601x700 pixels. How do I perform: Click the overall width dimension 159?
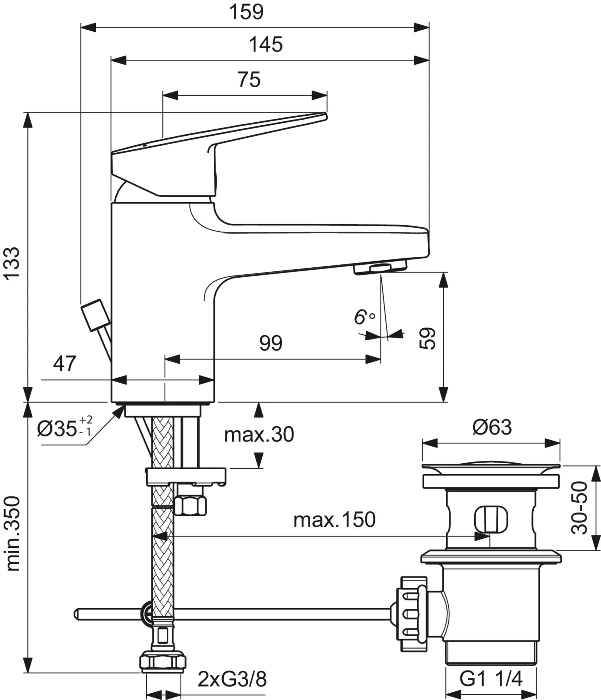tap(246, 12)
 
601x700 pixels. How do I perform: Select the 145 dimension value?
tap(266, 45)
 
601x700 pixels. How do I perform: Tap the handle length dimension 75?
tap(249, 80)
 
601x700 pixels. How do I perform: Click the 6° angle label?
tap(364, 317)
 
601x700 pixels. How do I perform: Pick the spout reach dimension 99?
tap(271, 343)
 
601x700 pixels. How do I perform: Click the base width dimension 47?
tap(65, 364)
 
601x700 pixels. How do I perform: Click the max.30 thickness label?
tap(259, 435)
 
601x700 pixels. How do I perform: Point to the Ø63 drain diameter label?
tap(492, 427)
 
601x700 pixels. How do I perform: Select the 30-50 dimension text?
tap(580, 508)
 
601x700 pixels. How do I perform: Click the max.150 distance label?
tap(334, 520)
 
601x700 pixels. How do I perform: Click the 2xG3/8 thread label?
tap(232, 680)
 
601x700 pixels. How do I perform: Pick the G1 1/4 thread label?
tap(491, 679)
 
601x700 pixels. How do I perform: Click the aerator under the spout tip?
tap(380, 269)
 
